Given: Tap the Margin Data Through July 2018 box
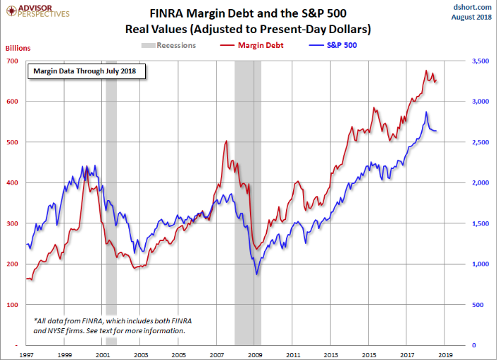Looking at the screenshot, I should [x=87, y=71].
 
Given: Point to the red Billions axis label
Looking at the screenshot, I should [x=18, y=48].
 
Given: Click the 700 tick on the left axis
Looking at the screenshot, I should [x=12, y=61].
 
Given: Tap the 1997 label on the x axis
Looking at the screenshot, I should [x=27, y=355].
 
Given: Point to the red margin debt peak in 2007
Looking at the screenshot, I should [x=226, y=141].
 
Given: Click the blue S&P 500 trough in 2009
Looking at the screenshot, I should [x=257, y=273].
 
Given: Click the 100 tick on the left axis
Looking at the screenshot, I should [x=12, y=305].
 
